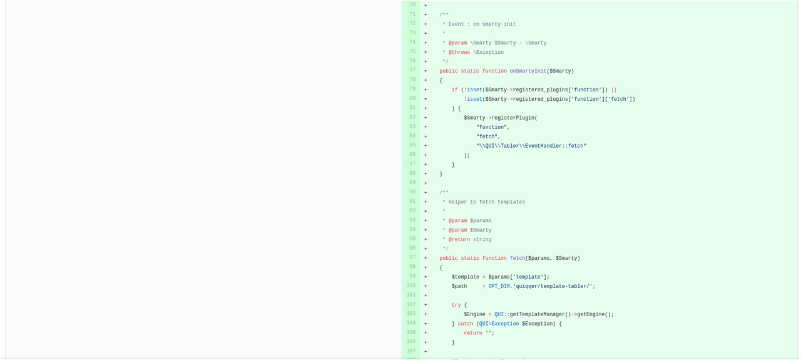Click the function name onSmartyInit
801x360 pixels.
(x=528, y=71)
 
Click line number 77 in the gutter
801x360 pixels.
(x=412, y=71)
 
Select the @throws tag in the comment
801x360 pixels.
(x=459, y=52)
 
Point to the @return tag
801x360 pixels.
(x=459, y=239)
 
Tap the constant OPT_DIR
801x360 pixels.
(x=499, y=286)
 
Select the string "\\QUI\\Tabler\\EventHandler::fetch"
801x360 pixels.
(x=531, y=146)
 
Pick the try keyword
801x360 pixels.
(x=456, y=306)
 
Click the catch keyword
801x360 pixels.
(x=465, y=324)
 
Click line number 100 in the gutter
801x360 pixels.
(x=411, y=285)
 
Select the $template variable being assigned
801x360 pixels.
(x=465, y=277)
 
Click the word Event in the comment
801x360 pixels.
(x=456, y=24)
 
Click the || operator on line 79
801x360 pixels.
(x=614, y=90)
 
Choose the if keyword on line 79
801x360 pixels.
(x=454, y=90)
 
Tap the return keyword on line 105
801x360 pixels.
(x=472, y=333)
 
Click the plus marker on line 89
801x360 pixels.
(x=426, y=183)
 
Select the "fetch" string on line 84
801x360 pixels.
(x=487, y=136)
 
